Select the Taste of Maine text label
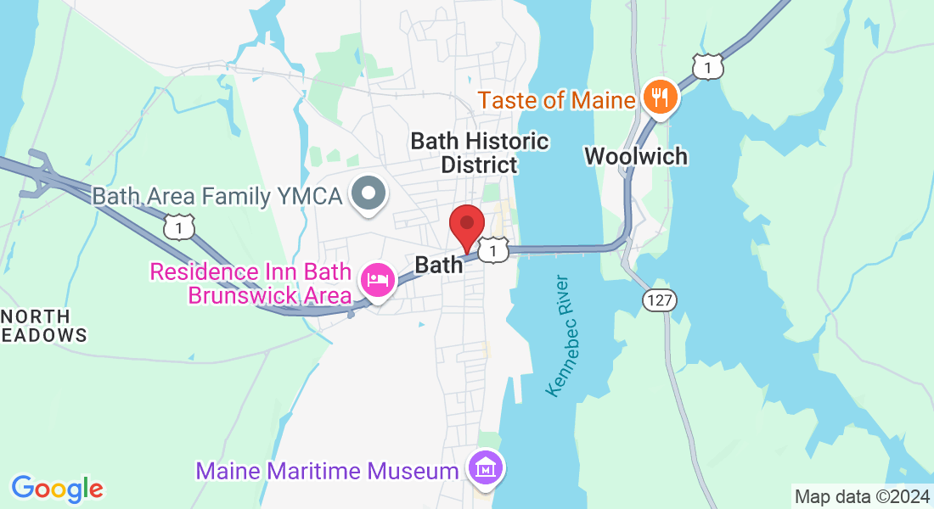click(x=556, y=101)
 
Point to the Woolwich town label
click(x=636, y=156)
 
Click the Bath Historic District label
click(x=480, y=153)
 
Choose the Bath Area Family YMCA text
click(x=217, y=197)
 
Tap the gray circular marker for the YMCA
click(x=369, y=194)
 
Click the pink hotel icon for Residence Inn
click(x=377, y=280)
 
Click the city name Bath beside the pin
click(x=439, y=265)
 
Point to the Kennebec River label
click(x=562, y=334)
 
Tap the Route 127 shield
click(x=658, y=300)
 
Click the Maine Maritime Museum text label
click(x=329, y=469)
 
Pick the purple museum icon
click(x=486, y=467)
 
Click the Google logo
click(x=57, y=489)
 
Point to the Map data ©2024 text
click(x=861, y=496)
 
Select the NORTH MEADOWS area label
click(x=43, y=326)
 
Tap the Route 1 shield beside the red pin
click(x=492, y=249)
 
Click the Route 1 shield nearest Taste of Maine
click(x=707, y=66)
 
